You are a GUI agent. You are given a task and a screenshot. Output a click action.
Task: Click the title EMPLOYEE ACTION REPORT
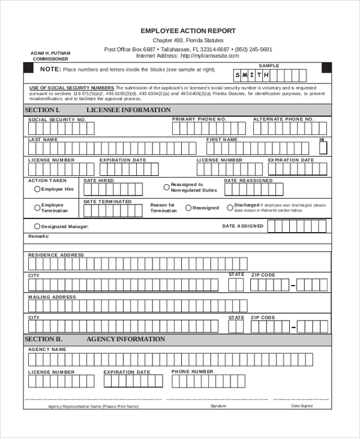(188, 31)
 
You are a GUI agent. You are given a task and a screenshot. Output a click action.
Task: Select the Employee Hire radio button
(37, 189)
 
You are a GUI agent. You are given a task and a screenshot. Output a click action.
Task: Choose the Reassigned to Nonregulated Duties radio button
(166, 187)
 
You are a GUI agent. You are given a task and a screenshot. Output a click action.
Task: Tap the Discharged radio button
(230, 208)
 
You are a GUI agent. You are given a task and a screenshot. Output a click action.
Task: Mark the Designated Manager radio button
(37, 226)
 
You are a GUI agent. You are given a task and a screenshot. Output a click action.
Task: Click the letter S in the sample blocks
(238, 75)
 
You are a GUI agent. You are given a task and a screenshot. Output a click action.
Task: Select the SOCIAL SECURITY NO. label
(58, 120)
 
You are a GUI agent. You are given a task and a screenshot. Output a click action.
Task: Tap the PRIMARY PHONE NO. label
(199, 119)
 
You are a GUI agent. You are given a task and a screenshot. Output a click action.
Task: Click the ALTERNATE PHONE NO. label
(283, 119)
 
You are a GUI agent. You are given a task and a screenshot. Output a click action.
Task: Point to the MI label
(322, 140)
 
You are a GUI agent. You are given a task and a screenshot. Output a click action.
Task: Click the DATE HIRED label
(98, 181)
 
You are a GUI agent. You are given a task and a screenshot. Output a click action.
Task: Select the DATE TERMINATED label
(107, 202)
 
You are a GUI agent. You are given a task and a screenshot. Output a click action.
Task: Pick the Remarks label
(38, 236)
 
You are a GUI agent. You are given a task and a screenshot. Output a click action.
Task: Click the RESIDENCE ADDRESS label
(56, 255)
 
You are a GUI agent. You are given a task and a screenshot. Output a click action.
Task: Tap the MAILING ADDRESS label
(53, 297)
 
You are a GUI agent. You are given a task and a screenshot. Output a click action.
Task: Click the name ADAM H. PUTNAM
(50, 53)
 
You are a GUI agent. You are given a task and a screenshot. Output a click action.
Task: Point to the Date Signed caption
(302, 406)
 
